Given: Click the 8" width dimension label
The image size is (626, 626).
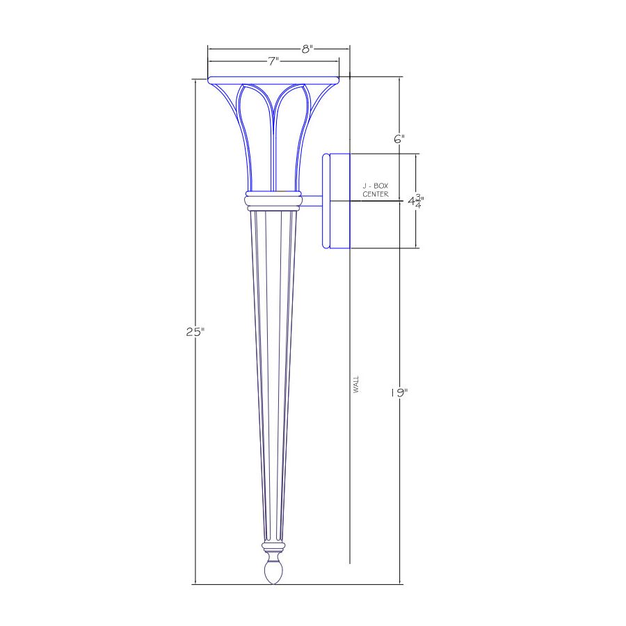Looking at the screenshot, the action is click(x=307, y=49).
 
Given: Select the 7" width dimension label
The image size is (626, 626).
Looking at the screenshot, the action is click(x=273, y=61).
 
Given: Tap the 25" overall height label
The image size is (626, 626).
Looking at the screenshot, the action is click(x=195, y=332).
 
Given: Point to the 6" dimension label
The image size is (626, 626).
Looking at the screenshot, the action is click(x=399, y=139).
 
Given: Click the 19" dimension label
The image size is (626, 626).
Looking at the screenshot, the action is click(x=399, y=393).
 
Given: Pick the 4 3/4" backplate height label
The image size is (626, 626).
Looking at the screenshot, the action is click(x=415, y=201).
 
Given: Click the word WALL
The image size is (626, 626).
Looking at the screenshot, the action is click(x=356, y=384).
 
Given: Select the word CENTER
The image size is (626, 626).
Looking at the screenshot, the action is click(x=376, y=195).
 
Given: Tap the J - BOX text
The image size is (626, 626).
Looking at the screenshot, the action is click(x=376, y=186).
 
